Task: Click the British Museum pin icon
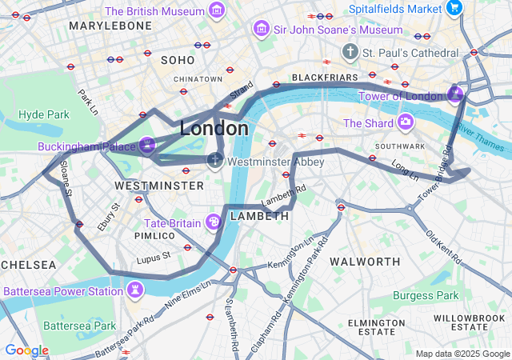point(216,10)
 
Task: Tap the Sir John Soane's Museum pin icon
point(260,30)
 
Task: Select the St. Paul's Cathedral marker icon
point(350,53)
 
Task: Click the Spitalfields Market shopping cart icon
point(454,9)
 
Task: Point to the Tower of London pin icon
point(455,95)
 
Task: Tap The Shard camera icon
point(406,122)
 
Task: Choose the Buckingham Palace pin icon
point(146,146)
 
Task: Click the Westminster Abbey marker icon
point(215,161)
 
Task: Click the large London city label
point(214,128)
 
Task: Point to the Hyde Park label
point(43,114)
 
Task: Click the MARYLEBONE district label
point(110,26)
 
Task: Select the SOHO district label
point(178,60)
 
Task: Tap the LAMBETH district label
point(259,217)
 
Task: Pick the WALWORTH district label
point(365,262)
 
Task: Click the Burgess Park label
point(426,295)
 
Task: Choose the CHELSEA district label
point(28,265)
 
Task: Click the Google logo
point(26,350)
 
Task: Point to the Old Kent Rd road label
point(442,247)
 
